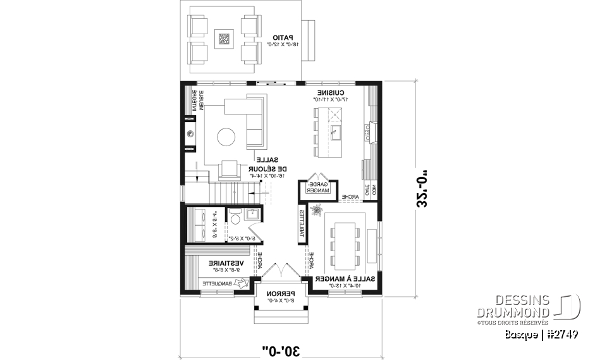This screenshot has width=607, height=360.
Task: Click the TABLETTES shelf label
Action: click(x=302, y=225)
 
